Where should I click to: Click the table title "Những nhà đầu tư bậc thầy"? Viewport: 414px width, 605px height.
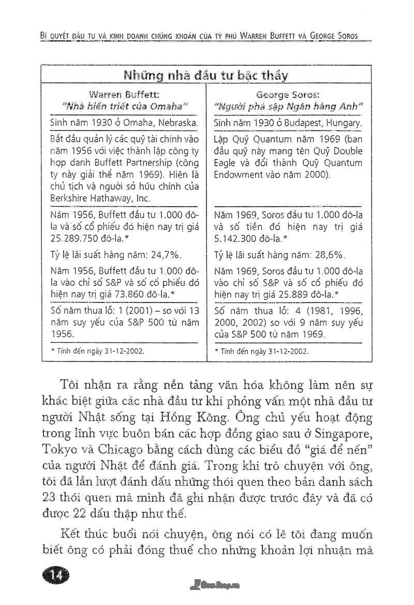tap(205, 76)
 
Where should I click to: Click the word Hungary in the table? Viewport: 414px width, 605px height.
tap(342, 124)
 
